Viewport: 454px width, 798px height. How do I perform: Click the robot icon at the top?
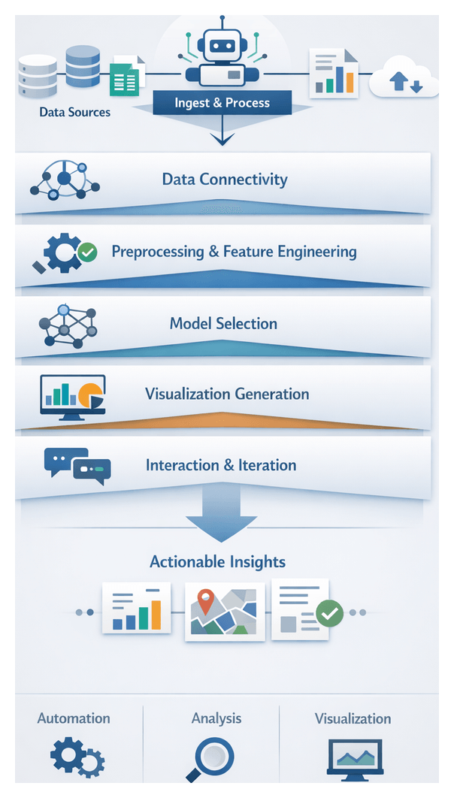point(221,56)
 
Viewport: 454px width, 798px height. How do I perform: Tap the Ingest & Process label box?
point(222,103)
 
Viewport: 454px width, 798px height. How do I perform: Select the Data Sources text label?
point(74,112)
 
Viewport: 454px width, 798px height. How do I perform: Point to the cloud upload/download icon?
point(406,78)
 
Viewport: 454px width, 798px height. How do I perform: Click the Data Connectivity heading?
point(224,180)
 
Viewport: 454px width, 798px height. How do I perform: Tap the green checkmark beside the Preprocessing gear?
point(88,252)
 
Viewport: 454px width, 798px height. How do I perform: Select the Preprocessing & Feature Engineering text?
point(234,251)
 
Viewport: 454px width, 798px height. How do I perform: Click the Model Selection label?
point(223,324)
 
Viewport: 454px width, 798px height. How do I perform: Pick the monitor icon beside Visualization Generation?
point(73,396)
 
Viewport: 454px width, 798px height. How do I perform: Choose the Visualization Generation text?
point(227,394)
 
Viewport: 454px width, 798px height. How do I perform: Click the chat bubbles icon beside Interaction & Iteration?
point(77,466)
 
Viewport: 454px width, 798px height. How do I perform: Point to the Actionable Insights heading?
point(218,561)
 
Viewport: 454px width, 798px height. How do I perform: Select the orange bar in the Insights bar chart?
point(156,614)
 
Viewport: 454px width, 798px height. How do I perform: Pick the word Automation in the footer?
point(74,718)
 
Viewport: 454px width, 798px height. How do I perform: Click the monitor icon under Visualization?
point(354,757)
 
